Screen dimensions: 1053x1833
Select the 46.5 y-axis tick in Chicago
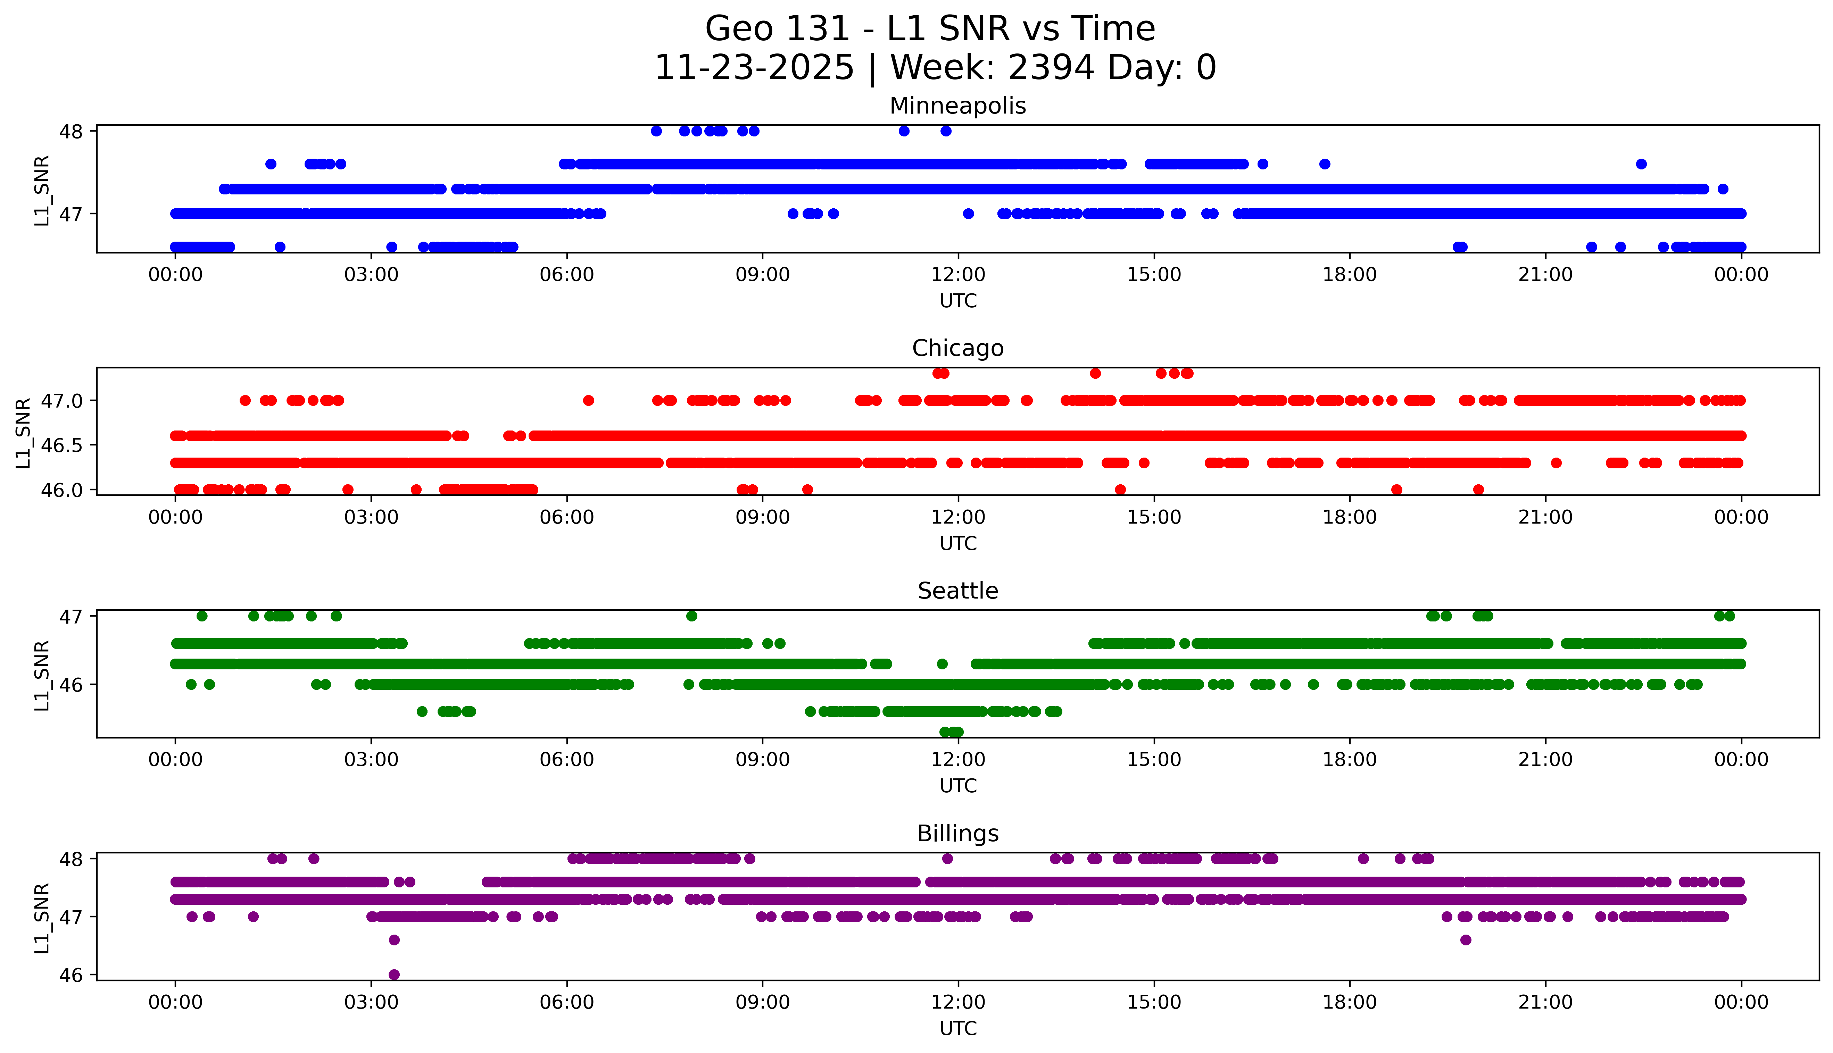coord(64,445)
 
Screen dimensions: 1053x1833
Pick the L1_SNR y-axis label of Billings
coord(42,917)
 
